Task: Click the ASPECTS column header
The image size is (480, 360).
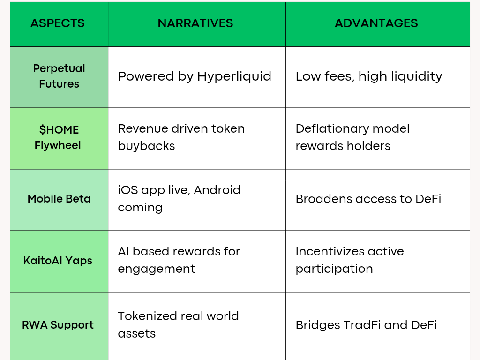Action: click(x=58, y=23)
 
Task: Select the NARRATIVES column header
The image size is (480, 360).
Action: click(x=195, y=23)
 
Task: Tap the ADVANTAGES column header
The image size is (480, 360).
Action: click(x=376, y=23)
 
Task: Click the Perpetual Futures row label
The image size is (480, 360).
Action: click(x=59, y=76)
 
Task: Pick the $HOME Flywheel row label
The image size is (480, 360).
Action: click(x=58, y=137)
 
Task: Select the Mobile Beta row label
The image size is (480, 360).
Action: click(x=59, y=199)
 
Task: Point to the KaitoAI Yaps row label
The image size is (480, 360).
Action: click(x=58, y=261)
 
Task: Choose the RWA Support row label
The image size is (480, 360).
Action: click(x=58, y=325)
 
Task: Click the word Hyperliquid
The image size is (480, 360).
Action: click(x=234, y=76)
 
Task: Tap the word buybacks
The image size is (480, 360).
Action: click(x=146, y=146)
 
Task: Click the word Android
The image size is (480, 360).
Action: click(x=217, y=190)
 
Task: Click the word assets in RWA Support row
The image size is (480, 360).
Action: click(x=136, y=334)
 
